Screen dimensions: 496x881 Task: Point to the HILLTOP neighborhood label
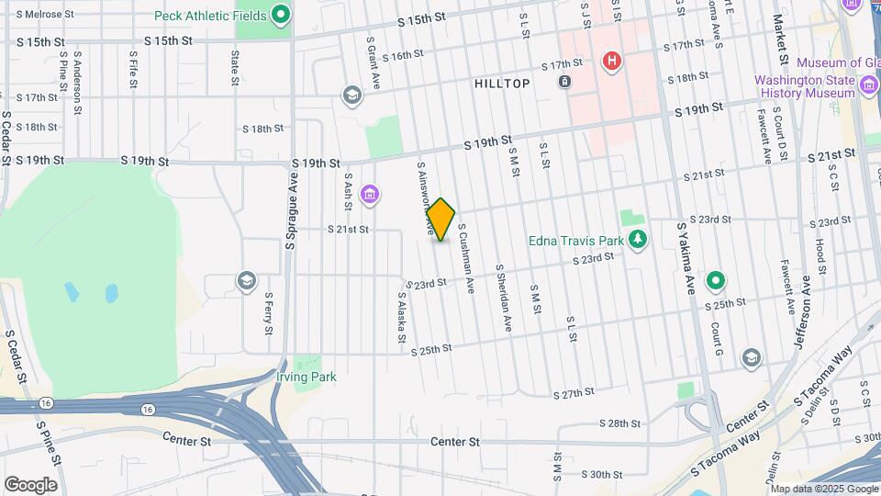[502, 84]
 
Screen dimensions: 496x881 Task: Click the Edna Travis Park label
[575, 242]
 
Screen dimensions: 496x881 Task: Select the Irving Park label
[307, 377]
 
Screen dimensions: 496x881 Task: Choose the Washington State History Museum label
[805, 86]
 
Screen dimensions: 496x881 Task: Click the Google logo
[30, 484]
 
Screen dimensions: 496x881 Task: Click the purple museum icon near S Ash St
[370, 195]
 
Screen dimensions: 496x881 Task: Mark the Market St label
[779, 34]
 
